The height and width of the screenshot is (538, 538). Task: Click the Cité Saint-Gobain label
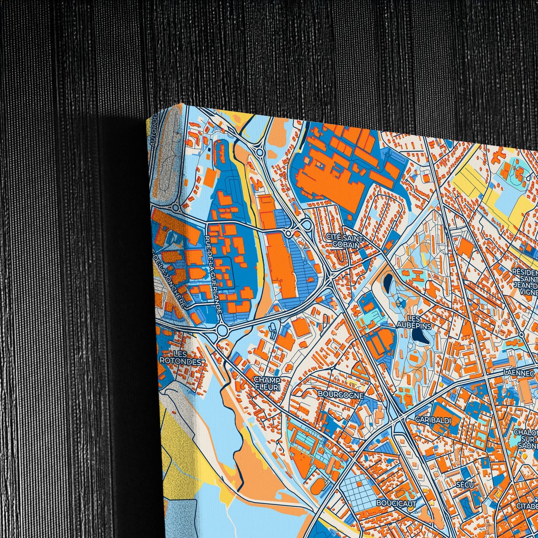343,241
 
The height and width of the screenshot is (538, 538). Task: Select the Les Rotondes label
181,357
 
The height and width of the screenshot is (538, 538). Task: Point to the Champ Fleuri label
267,383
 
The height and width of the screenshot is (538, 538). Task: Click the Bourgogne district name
340,395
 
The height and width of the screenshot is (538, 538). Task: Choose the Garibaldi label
433,420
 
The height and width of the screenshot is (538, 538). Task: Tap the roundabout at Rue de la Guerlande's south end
223,330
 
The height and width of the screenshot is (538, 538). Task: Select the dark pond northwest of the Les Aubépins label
389,279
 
